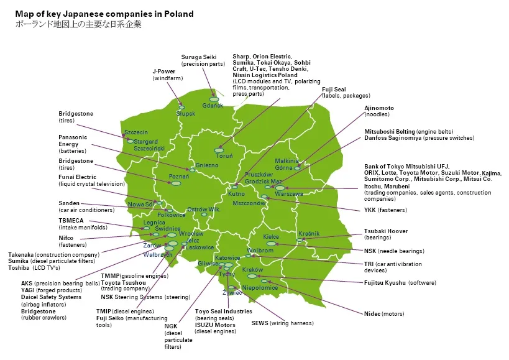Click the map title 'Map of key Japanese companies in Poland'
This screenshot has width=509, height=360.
[x=104, y=14]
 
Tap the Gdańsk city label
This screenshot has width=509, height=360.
[x=213, y=106]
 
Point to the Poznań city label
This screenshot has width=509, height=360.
[x=179, y=177]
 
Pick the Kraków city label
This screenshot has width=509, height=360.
[x=253, y=270]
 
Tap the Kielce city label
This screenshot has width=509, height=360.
[x=271, y=237]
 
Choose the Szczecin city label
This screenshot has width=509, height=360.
[x=136, y=132]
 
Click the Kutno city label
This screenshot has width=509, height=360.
[x=236, y=194]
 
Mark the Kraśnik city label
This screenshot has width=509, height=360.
[x=309, y=233]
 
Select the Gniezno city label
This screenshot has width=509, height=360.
[x=207, y=165]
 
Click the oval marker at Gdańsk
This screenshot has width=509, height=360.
[x=214, y=99]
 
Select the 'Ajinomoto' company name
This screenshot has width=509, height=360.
[x=379, y=108]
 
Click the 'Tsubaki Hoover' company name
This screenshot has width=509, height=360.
[x=386, y=231]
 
